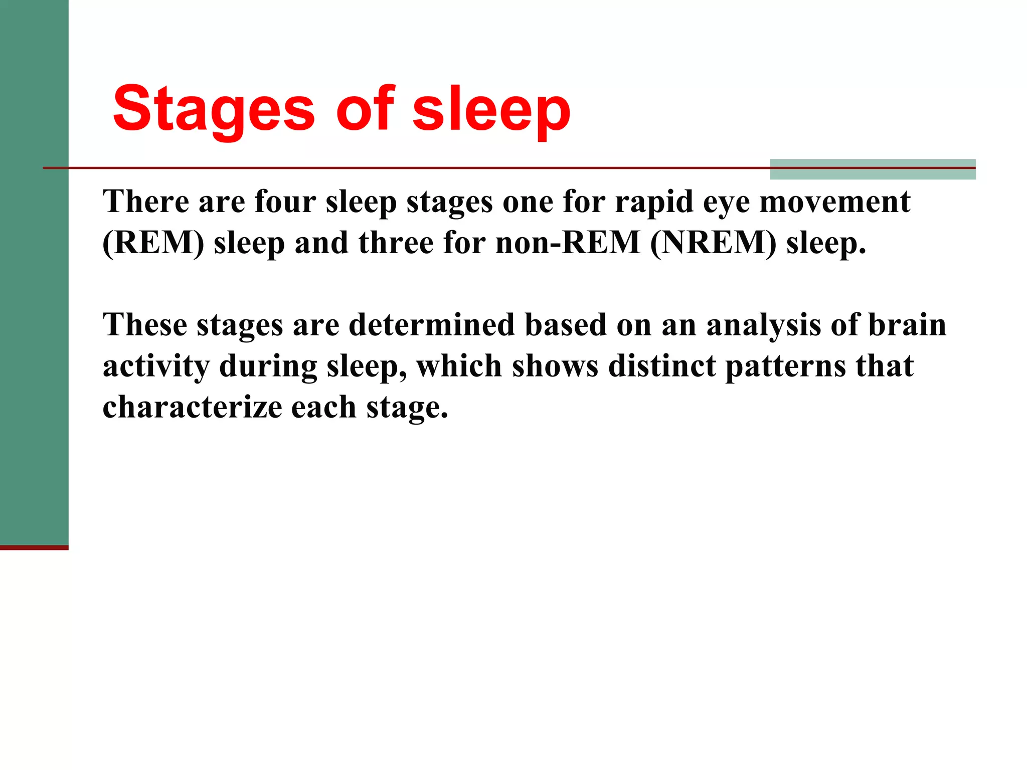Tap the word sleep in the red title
point(491,109)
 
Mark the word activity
point(156,366)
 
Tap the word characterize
point(192,407)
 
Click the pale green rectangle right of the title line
point(873,169)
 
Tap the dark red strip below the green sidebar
point(34,547)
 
